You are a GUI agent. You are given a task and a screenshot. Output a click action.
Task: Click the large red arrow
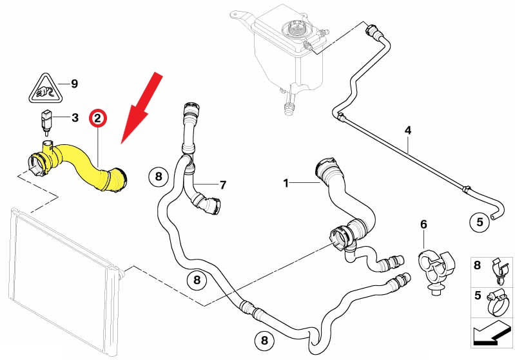click(143, 104)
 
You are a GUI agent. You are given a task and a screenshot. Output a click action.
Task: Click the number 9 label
click(74, 84)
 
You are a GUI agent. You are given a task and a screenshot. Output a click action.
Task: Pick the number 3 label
click(75, 118)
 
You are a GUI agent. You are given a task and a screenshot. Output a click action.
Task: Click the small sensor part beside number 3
click(46, 120)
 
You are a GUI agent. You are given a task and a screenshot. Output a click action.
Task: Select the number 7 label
click(223, 185)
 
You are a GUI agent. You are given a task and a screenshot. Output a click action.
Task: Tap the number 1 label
click(286, 184)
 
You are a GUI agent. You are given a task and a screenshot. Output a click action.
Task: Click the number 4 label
click(407, 131)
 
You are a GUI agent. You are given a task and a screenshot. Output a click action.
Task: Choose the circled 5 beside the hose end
click(480, 223)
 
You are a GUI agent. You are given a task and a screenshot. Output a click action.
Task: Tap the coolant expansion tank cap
click(298, 29)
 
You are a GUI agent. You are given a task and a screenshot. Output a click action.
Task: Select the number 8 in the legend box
click(477, 265)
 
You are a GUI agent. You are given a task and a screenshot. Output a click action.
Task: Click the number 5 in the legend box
click(477, 297)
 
